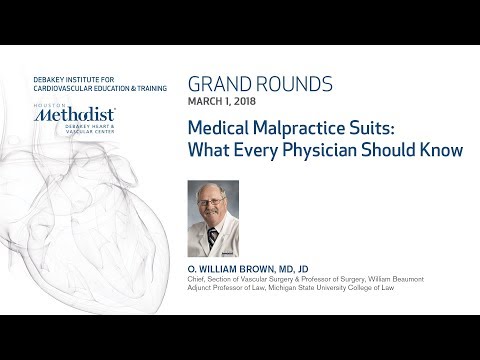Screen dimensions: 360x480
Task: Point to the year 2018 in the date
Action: click(250, 99)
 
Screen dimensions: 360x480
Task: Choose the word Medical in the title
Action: click(215, 129)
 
